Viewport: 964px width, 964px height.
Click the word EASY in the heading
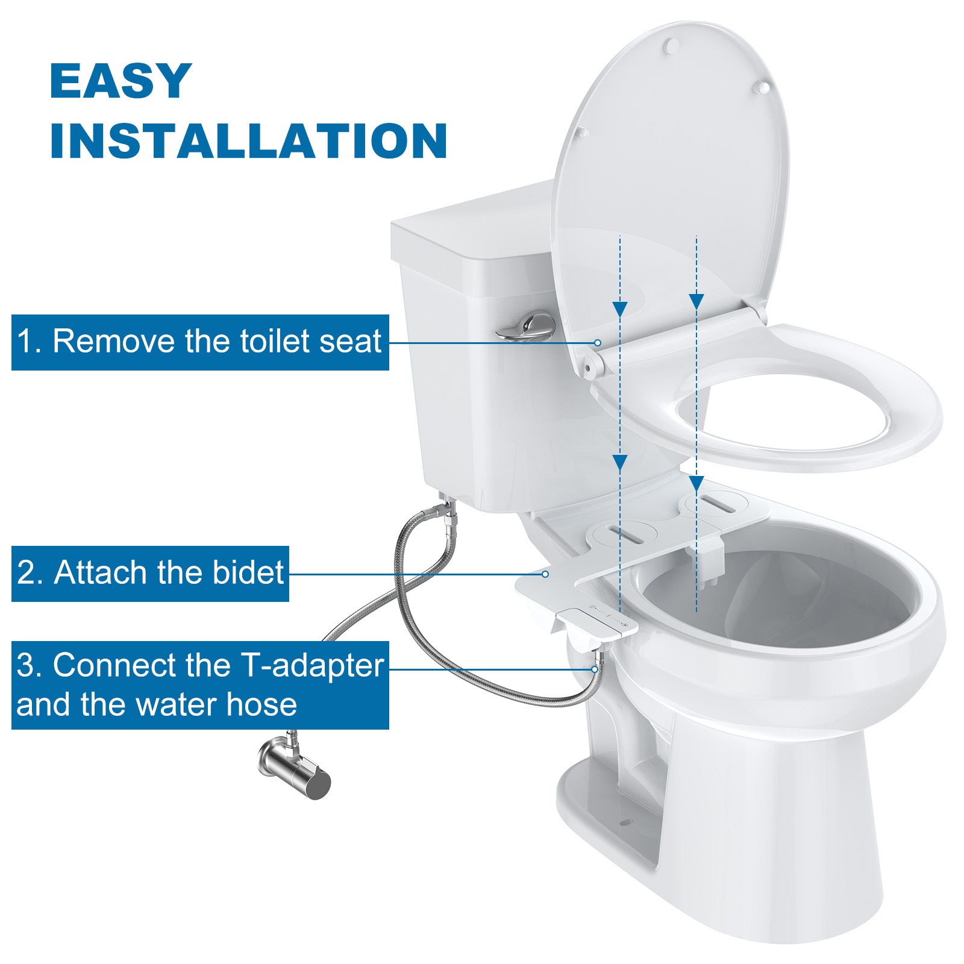point(120,81)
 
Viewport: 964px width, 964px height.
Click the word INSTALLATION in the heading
point(248,141)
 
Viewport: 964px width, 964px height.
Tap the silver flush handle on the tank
point(526,326)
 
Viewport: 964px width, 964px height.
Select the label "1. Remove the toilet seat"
point(200,342)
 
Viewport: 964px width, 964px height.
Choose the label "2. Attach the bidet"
point(150,573)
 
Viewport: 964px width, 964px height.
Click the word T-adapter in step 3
point(312,666)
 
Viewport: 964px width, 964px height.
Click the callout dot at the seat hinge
point(598,342)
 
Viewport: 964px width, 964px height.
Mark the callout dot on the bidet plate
point(545,574)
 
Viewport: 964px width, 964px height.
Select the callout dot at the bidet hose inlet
point(595,669)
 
